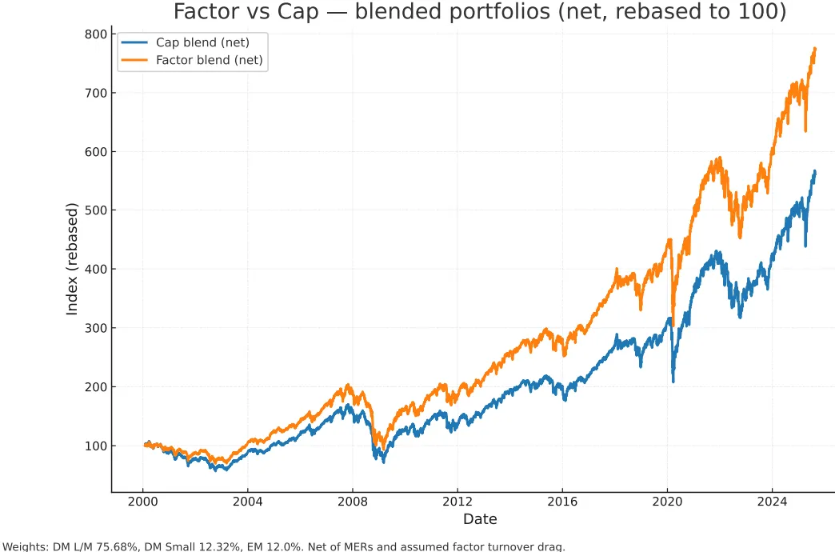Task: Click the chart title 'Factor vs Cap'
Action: click(480, 13)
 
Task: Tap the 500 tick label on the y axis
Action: click(94, 210)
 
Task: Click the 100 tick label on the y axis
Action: click(94, 446)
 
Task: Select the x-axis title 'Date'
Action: click(480, 519)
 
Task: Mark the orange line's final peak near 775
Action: click(814, 49)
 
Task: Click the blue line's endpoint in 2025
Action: click(815, 171)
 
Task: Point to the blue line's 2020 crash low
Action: click(673, 381)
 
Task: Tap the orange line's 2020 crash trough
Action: click(673, 324)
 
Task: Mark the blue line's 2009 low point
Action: click(384, 462)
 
